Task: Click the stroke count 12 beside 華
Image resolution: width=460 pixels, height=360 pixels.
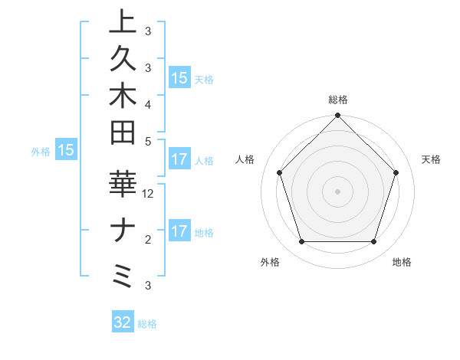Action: coord(148,194)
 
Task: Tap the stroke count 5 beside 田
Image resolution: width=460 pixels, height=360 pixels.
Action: coord(148,141)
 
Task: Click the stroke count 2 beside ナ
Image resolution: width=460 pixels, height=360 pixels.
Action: coord(148,241)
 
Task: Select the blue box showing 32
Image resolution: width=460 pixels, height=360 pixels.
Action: coord(123,322)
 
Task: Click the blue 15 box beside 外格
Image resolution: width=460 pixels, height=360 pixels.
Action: coord(66,151)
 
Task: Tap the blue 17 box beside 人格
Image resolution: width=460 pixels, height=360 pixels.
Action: coord(179,160)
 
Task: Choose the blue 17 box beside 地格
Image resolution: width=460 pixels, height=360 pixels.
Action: coord(179,231)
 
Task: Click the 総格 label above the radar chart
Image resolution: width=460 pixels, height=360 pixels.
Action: coord(337,100)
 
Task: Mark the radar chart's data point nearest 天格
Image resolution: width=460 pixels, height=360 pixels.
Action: coord(396,172)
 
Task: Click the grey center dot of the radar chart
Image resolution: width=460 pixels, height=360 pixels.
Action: coord(337,191)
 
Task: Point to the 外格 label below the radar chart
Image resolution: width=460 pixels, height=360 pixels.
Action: coord(270,263)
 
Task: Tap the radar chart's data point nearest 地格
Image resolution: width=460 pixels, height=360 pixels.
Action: coord(373,241)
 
